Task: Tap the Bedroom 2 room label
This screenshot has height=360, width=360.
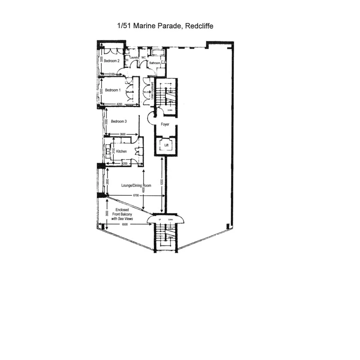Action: click(111, 61)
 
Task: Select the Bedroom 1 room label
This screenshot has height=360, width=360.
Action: click(113, 90)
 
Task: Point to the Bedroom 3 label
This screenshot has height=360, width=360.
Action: click(119, 121)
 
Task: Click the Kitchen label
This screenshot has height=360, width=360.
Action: click(121, 151)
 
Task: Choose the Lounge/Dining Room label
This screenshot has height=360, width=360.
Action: click(136, 185)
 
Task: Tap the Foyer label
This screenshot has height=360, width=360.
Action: click(166, 124)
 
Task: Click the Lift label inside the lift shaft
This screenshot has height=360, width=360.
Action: click(166, 145)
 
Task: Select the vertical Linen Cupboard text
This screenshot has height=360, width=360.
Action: click(153, 92)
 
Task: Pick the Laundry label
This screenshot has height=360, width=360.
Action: click(134, 58)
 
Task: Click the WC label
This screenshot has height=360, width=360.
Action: click(143, 58)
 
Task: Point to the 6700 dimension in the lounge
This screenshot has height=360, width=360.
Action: click(136, 195)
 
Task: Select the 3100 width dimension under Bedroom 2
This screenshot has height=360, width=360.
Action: click(112, 74)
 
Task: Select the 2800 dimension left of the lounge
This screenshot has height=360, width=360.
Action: click(107, 181)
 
